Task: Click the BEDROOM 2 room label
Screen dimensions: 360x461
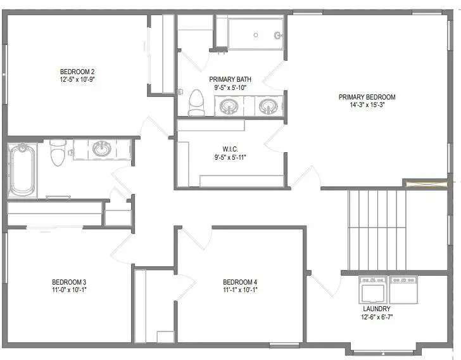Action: click(x=77, y=71)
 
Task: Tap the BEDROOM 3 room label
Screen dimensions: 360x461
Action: click(x=68, y=281)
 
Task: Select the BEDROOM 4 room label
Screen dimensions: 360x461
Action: click(x=240, y=281)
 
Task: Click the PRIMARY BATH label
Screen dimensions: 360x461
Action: click(x=230, y=79)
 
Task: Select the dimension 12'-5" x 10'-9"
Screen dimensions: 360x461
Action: click(x=77, y=80)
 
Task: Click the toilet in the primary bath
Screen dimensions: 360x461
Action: click(x=196, y=103)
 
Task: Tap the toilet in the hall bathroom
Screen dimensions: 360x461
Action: click(x=58, y=152)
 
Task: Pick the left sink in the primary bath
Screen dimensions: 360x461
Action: click(x=229, y=106)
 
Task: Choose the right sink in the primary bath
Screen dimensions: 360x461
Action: click(x=268, y=106)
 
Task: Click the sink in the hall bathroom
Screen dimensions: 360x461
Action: click(x=101, y=149)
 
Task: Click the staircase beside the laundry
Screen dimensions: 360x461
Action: click(x=377, y=228)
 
